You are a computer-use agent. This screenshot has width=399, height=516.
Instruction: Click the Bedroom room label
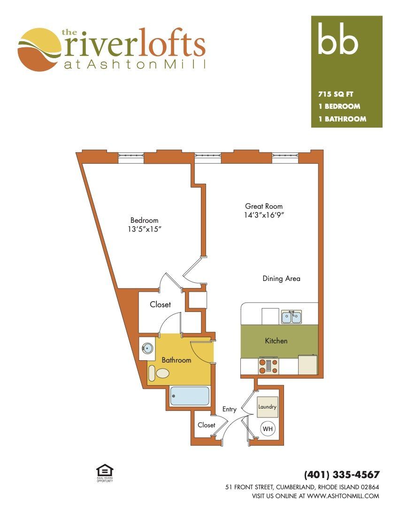(144, 220)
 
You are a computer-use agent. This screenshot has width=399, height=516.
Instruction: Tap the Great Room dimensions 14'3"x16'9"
(264, 215)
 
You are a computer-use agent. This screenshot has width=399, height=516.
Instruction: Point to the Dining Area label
(281, 278)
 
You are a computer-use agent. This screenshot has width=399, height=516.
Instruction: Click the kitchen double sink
(292, 317)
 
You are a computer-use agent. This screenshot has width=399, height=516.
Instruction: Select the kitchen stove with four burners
(269, 366)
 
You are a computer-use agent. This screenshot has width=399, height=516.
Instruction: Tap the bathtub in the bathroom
(189, 395)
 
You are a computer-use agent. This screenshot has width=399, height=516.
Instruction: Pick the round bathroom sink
(147, 348)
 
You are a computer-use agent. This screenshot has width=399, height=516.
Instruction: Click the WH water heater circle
(268, 429)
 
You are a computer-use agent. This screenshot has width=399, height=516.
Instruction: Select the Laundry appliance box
(267, 407)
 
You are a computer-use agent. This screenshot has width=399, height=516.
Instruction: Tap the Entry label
(229, 409)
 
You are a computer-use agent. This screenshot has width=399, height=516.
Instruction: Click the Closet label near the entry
(207, 425)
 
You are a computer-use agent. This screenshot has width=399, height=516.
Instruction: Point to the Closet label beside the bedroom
(161, 304)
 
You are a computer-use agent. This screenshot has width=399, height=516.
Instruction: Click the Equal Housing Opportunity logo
(105, 473)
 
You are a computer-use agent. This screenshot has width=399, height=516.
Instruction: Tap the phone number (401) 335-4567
(342, 475)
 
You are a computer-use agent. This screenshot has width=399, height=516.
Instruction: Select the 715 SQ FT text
(336, 94)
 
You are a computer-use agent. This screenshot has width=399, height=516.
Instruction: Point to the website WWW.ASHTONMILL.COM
(343, 496)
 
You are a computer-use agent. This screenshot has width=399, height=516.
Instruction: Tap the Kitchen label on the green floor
(276, 341)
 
